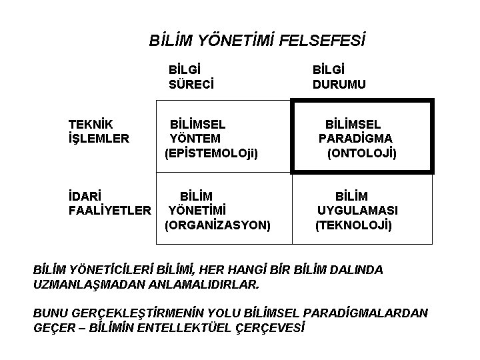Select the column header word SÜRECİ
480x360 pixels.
click(191, 85)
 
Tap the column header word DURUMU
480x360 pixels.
click(339, 85)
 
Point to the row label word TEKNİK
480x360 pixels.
click(91, 124)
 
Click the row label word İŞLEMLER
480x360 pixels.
click(99, 139)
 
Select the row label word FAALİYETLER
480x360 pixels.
click(110, 211)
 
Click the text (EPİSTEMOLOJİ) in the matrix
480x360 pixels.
click(211, 153)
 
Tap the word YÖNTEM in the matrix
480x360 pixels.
click(195, 139)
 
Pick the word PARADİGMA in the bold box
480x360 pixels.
click(355, 139)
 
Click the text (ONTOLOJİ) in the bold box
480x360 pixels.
click(362, 153)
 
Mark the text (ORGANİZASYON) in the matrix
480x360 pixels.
click(217, 225)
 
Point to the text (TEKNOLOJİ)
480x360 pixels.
click(354, 225)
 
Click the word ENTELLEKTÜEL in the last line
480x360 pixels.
click(201, 327)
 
